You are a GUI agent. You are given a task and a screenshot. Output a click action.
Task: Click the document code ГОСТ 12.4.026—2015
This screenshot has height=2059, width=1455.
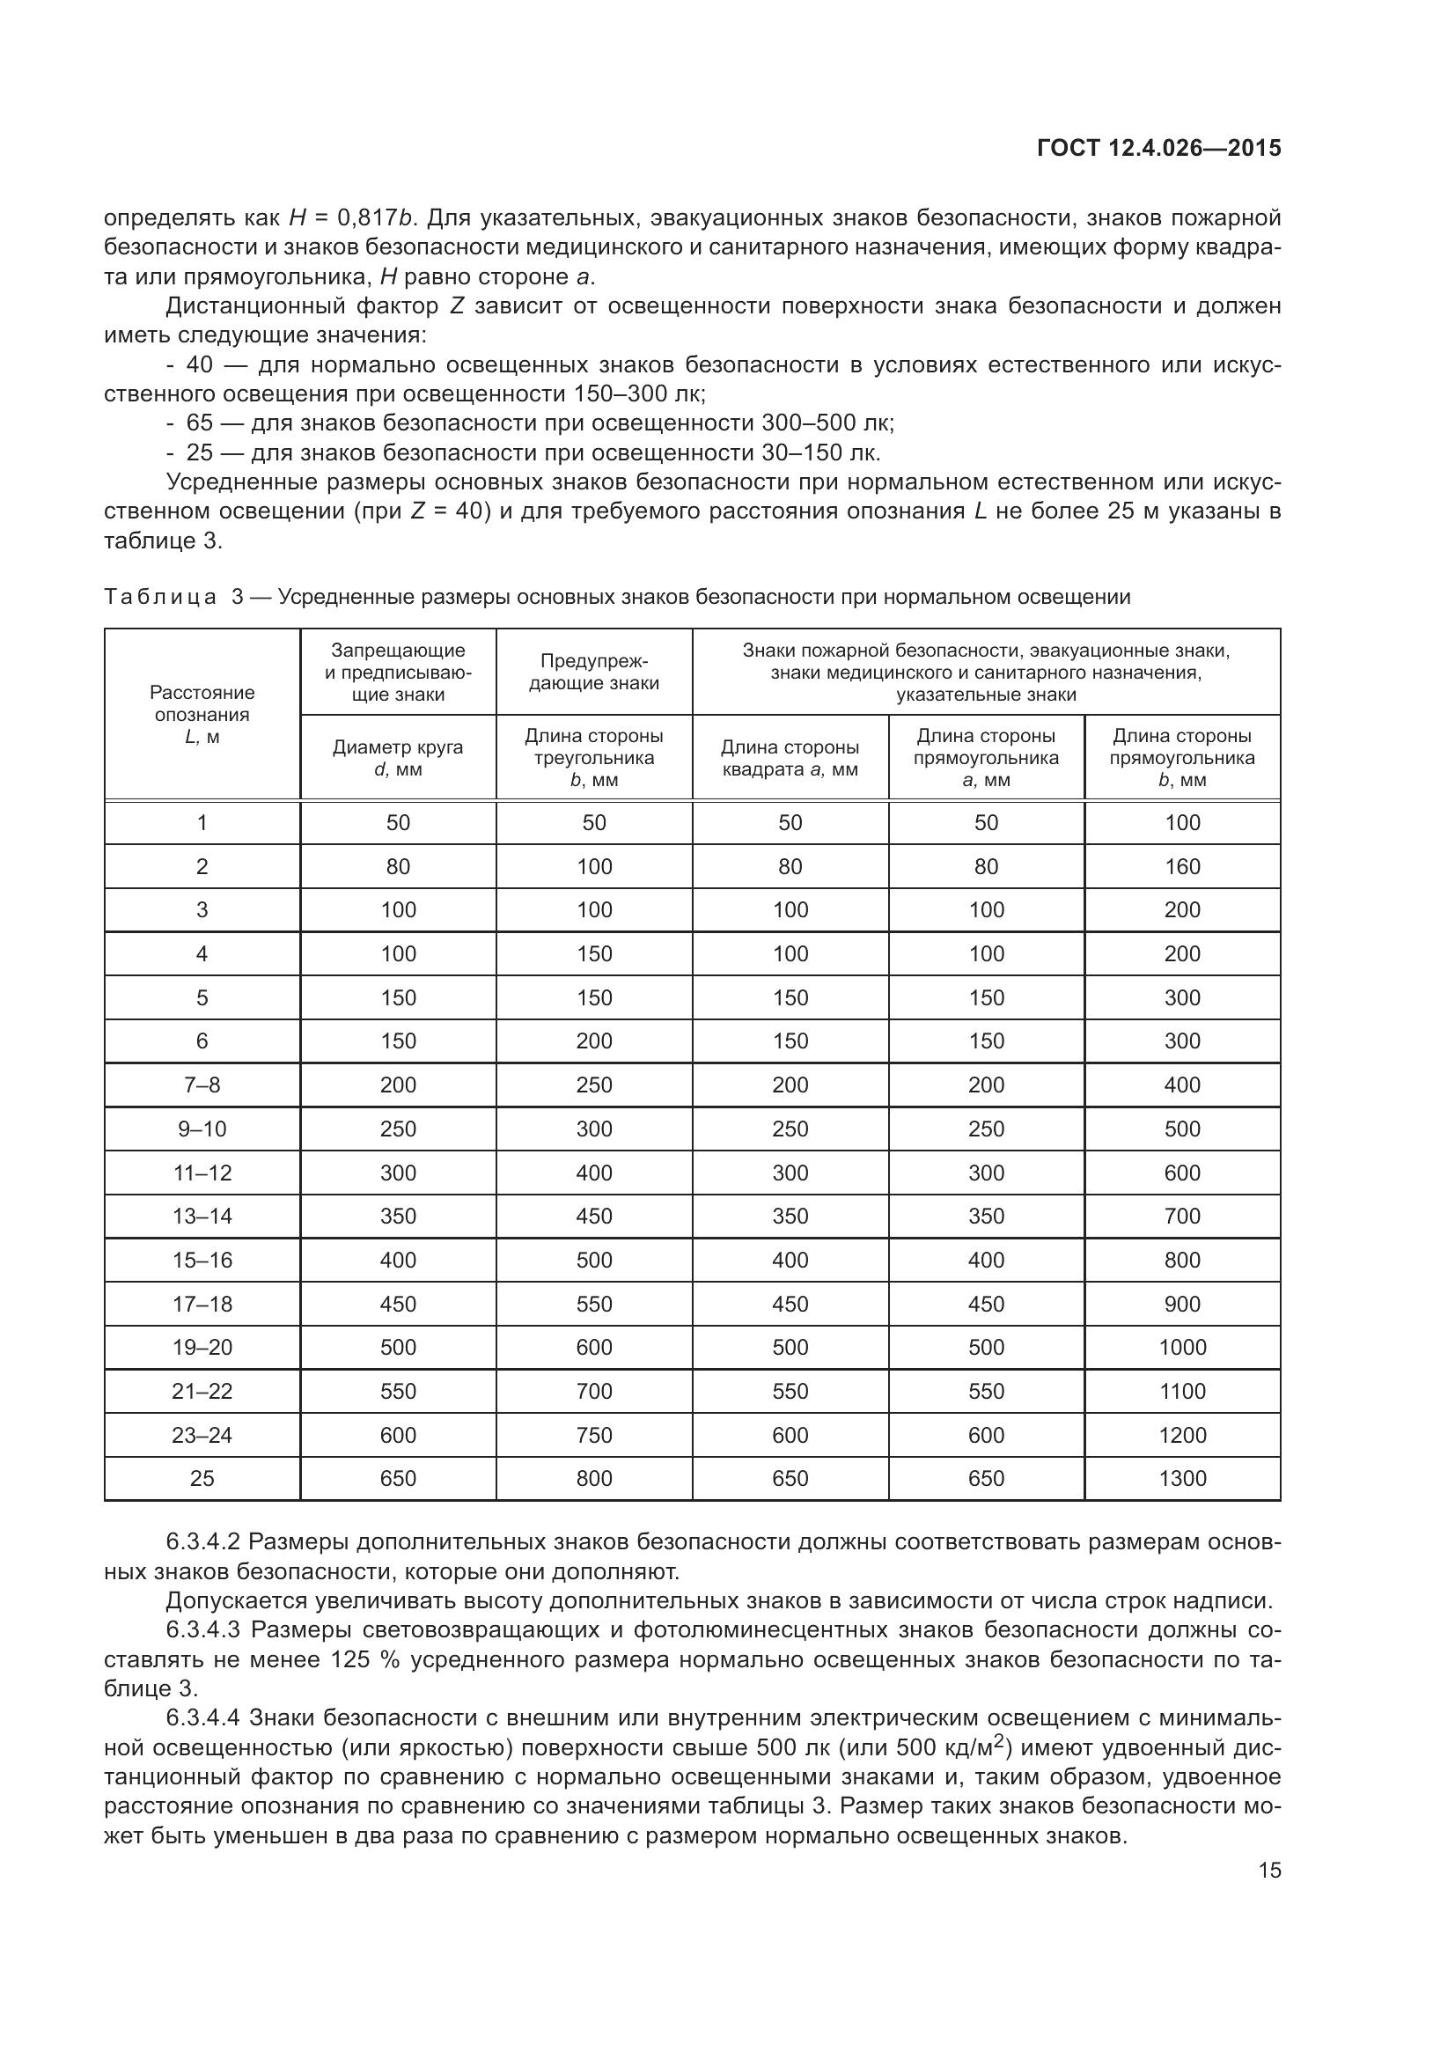click(x=1158, y=148)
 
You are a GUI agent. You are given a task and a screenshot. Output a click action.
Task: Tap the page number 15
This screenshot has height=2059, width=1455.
click(x=1269, y=1871)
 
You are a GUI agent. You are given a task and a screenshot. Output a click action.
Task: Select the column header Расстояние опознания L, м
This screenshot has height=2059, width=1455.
click(x=202, y=715)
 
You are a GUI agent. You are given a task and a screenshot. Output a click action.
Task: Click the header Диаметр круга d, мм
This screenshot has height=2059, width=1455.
click(x=398, y=758)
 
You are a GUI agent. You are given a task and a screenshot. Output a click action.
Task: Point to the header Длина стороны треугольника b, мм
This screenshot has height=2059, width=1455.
click(x=593, y=758)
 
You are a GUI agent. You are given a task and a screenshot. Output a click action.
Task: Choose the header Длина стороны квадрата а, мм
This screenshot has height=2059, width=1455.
click(x=790, y=758)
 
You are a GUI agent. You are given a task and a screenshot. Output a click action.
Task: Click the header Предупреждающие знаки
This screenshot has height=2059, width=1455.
click(x=593, y=672)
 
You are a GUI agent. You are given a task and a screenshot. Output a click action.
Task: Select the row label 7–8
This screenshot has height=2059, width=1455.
click(x=202, y=1085)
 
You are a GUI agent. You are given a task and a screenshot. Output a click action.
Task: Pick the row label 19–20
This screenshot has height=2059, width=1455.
click(x=202, y=1347)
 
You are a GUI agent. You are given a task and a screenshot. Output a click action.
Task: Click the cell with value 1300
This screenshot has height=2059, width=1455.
click(x=1181, y=1479)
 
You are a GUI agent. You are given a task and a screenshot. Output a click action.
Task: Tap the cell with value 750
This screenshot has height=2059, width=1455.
click(x=593, y=1435)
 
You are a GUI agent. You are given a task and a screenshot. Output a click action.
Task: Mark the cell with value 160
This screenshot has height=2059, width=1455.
click(x=1181, y=866)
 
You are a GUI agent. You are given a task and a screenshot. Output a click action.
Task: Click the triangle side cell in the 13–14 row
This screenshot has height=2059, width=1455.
click(x=593, y=1216)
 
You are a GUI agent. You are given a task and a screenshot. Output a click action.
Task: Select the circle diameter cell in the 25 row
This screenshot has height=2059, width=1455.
click(x=398, y=1479)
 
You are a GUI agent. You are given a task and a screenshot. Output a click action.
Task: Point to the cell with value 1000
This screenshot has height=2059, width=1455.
click(x=1181, y=1347)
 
